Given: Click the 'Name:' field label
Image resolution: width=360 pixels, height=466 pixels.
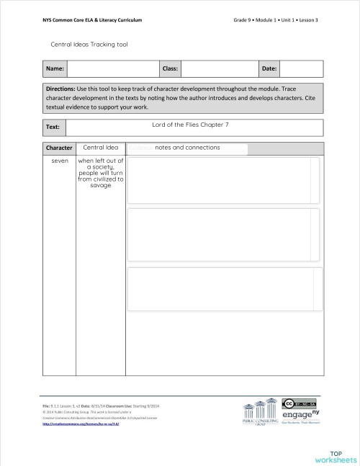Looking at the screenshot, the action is pyautogui.click(x=54, y=68).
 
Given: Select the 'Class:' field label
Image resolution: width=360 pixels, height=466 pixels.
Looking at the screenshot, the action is pyautogui.click(x=170, y=68).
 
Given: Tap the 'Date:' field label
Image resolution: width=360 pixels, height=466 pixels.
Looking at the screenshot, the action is pyautogui.click(x=269, y=68).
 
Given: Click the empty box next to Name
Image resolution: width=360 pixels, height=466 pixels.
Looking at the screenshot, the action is pyautogui.click(x=112, y=68).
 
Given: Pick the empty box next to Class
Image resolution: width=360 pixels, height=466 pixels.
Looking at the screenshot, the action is pyautogui.click(x=219, y=68).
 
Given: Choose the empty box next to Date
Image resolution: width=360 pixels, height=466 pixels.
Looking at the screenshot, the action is pyautogui.click(x=302, y=68).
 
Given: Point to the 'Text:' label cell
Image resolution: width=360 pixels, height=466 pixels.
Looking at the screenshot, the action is pyautogui.click(x=53, y=127).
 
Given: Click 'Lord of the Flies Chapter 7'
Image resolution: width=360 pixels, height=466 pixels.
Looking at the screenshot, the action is pyautogui.click(x=190, y=125).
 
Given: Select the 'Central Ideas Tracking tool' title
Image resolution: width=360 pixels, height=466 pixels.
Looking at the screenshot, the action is pyautogui.click(x=89, y=44).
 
